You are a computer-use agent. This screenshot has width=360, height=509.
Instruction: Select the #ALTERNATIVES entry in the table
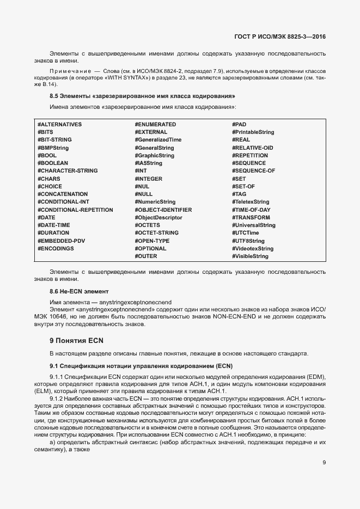tap(59, 125)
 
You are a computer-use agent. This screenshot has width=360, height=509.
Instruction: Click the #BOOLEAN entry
tap(53, 163)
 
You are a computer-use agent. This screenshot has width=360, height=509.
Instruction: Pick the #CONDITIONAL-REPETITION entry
tap(75, 210)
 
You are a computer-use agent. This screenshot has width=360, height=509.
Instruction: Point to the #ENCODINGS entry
tap(56, 248)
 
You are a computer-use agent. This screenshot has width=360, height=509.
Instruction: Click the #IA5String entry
tap(148, 163)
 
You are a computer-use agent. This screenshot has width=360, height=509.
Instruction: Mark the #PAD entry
tap(239, 125)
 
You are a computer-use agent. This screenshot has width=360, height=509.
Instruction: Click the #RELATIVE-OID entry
tap(252, 148)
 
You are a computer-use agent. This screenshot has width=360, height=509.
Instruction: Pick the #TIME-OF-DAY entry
tap(251, 210)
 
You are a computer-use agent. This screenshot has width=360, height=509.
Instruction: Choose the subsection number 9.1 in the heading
tap(53, 365)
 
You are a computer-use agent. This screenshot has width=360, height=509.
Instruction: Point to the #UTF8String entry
tap(248, 241)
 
